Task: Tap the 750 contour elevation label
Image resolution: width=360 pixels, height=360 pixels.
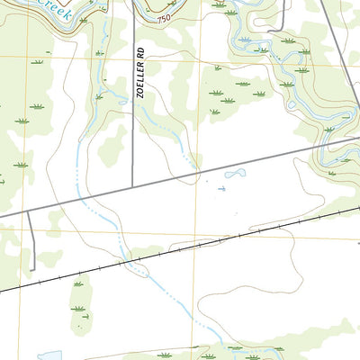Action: tap(161, 19)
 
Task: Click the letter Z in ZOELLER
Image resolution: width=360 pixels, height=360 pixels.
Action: tap(140, 95)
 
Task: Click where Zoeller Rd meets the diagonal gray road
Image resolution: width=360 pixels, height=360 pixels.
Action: tap(133, 186)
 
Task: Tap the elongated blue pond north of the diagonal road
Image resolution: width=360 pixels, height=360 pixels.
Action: tap(235, 173)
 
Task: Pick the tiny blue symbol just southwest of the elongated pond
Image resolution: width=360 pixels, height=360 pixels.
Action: tap(222, 189)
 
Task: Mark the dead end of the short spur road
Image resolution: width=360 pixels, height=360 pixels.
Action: tap(33, 268)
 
